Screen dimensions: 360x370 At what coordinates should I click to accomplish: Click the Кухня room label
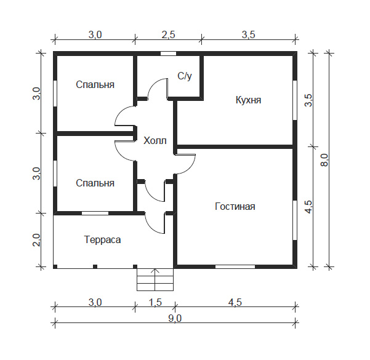248,100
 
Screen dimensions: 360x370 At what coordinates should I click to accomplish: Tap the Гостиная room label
235,206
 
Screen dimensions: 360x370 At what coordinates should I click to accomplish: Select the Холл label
155,140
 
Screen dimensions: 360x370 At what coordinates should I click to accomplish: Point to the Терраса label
102,239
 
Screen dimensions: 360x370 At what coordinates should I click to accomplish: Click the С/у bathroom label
185,76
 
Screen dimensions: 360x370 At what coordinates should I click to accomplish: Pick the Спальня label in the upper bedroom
95,84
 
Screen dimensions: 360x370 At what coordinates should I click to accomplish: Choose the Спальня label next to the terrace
95,183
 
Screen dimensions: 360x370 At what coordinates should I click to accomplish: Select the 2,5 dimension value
168,34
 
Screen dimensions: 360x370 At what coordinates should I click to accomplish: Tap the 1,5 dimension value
155,302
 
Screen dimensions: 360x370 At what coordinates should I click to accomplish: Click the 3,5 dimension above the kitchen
249,34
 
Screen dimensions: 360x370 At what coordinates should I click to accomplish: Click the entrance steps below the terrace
155,280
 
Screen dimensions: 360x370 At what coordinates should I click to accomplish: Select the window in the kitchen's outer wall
294,99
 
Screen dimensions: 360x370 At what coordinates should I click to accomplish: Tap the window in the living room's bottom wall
235,266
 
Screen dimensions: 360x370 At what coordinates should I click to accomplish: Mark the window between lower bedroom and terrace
95,213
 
